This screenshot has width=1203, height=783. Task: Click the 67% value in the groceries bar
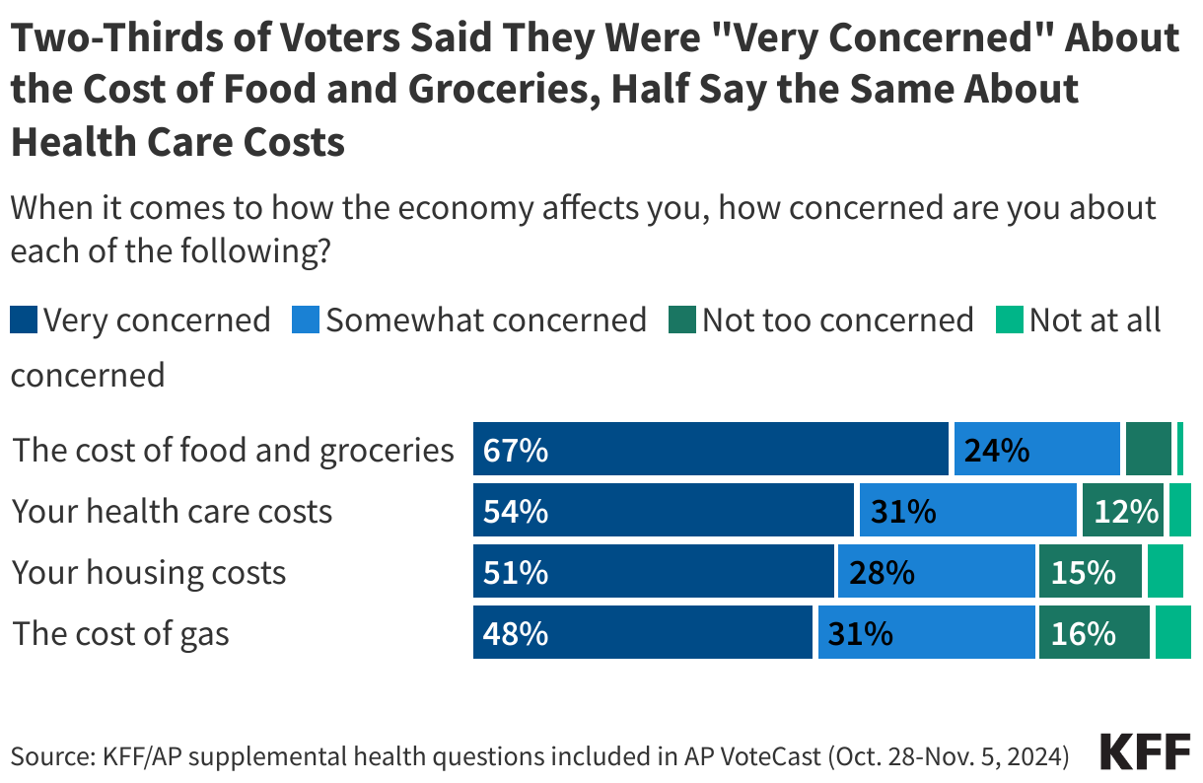tap(516, 451)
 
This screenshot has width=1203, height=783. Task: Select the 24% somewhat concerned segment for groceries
tap(997, 451)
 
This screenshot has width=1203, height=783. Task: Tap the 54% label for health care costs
tap(516, 512)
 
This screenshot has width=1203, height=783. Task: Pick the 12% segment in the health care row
tap(1125, 512)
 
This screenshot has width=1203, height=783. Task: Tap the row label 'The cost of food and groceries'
tap(233, 451)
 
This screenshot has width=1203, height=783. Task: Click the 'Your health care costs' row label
tap(173, 512)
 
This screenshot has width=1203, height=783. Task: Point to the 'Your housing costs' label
tap(149, 573)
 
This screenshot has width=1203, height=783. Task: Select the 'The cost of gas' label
tap(120, 634)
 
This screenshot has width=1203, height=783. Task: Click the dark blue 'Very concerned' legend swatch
tap(24, 320)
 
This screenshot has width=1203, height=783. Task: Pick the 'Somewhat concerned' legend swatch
tap(306, 320)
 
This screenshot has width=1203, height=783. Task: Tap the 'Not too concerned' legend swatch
tap(681, 320)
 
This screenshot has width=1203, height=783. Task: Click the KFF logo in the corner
tap(1145, 753)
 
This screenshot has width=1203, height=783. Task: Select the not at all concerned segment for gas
tap(1172, 634)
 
